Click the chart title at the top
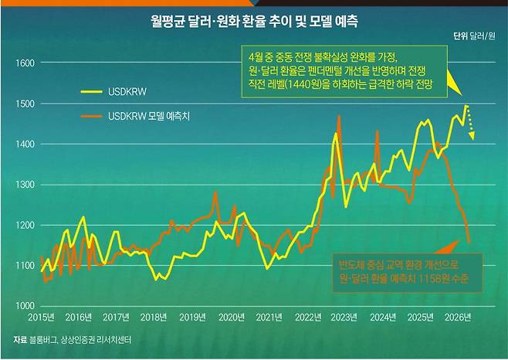tap(254, 16)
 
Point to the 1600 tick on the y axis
tap(25, 63)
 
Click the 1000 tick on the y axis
tap(25, 306)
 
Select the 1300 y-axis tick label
tap(25, 185)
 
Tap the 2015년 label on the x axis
tap(39, 318)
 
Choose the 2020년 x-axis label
tap(231, 318)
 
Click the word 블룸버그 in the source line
tap(48, 340)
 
